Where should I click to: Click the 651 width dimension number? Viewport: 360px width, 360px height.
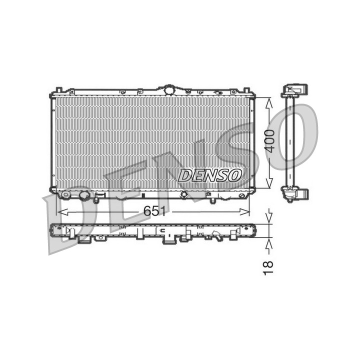point(154,211)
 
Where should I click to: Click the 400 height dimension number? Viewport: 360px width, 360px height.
point(269,141)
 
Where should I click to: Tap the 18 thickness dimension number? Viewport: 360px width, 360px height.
point(268,267)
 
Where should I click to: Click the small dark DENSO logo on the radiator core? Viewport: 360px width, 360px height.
point(210,175)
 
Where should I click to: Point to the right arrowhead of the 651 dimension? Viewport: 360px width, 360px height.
point(244,212)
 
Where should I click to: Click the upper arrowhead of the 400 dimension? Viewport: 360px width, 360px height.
point(269,102)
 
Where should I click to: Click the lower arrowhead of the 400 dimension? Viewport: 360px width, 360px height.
point(269,183)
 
